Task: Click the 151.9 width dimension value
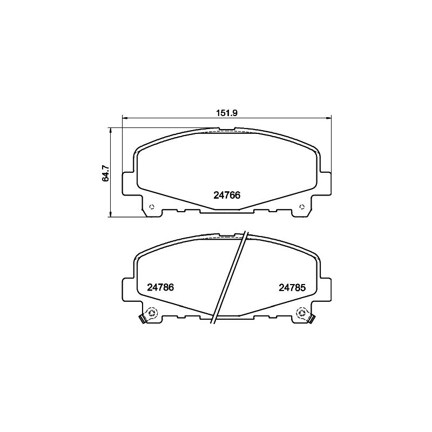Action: (x=227, y=113)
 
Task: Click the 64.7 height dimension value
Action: (x=105, y=172)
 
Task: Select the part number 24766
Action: (x=227, y=195)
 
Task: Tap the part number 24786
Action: (x=160, y=287)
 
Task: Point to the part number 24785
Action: (x=292, y=288)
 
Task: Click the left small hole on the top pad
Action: (x=151, y=207)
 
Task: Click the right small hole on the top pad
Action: (x=302, y=207)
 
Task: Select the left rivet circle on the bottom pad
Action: (x=151, y=313)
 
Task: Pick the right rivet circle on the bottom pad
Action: (x=301, y=313)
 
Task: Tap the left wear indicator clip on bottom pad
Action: (x=143, y=319)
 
